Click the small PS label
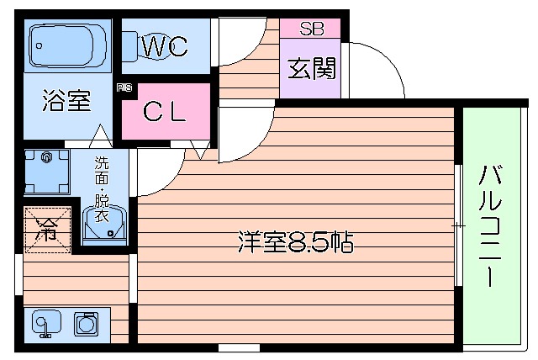(x=124, y=87)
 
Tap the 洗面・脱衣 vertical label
(x=101, y=186)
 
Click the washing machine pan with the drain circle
(x=46, y=171)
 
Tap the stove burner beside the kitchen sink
(x=86, y=323)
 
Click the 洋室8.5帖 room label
(x=293, y=243)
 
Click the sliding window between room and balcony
(x=459, y=225)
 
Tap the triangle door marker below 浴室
(x=100, y=133)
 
